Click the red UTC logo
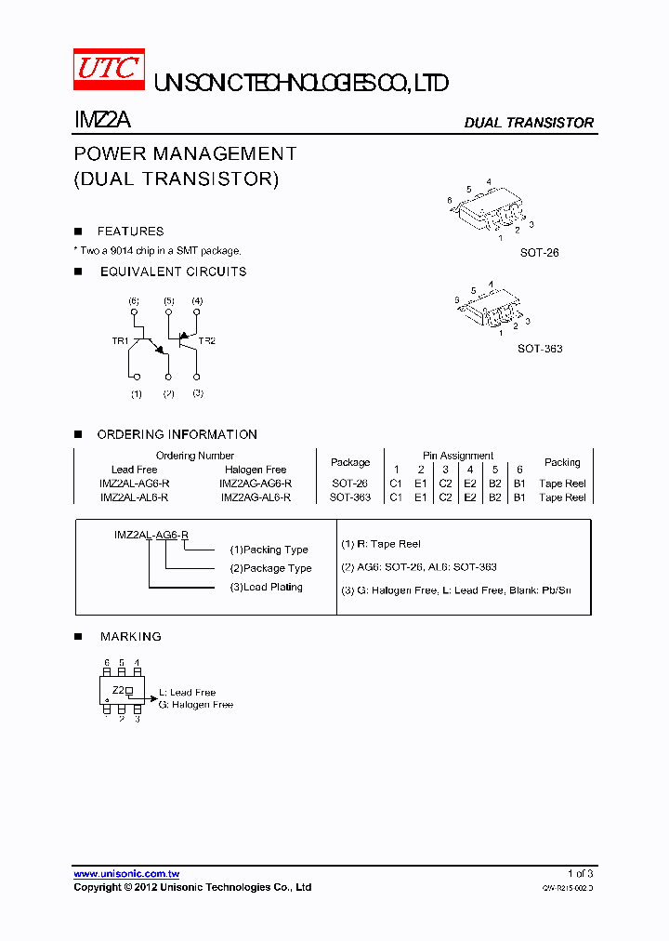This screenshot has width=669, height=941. (109, 69)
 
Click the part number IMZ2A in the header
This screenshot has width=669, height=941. (102, 121)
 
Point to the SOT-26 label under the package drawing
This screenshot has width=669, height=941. (540, 252)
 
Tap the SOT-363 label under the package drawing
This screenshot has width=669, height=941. (540, 349)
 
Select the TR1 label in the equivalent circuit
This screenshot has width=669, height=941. (120, 341)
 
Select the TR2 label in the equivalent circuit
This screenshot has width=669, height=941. (206, 341)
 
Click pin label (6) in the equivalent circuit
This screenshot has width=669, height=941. (134, 301)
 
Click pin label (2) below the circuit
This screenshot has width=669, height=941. (168, 393)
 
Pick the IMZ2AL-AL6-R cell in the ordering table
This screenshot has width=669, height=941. (134, 497)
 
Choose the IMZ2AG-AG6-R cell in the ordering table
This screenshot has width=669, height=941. (256, 484)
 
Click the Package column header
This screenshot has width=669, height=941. (350, 462)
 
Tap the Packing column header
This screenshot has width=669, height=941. (562, 462)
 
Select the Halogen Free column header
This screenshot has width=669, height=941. (256, 470)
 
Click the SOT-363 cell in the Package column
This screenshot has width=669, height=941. (350, 497)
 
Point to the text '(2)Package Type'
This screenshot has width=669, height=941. (271, 568)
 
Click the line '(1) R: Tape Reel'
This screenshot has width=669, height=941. (381, 544)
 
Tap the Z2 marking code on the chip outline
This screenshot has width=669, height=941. (118, 690)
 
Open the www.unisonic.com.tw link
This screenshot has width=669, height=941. (126, 874)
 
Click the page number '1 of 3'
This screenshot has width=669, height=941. (580, 874)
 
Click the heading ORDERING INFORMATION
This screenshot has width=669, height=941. (177, 434)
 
